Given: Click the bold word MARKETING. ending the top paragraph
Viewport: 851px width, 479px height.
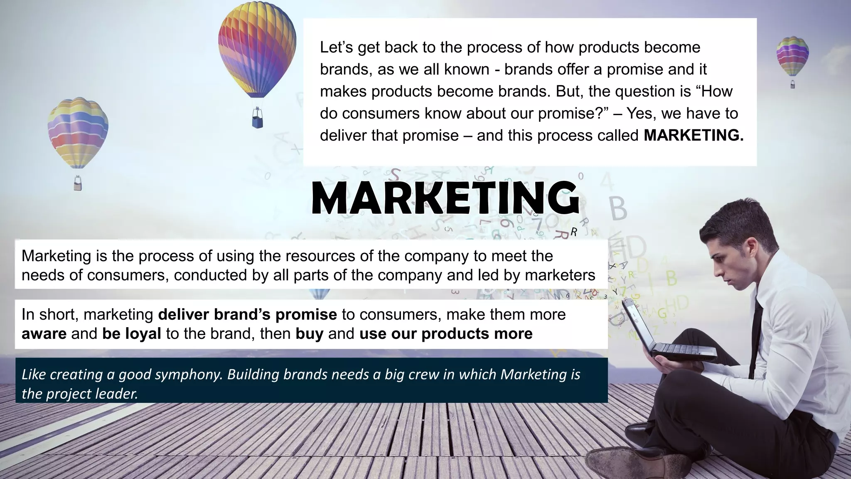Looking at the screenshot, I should coord(694,136).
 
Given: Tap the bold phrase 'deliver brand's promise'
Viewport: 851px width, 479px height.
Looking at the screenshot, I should coord(248,314).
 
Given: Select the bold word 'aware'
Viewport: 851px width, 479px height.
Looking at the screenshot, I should coord(44,334).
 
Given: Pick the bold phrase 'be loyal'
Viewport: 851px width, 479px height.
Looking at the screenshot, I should coord(132,334).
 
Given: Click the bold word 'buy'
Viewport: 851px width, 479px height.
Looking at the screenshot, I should coord(309,334).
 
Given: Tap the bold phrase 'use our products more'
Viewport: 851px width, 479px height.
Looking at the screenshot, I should coord(446,334).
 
